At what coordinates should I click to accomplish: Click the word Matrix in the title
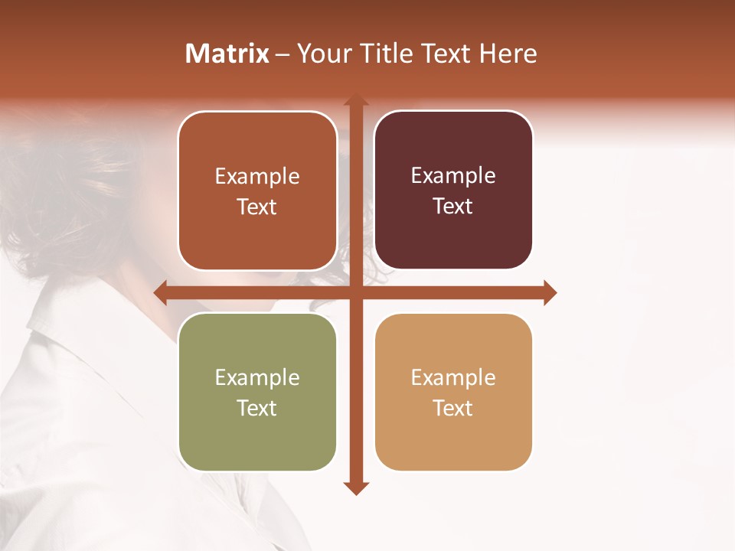click(x=227, y=54)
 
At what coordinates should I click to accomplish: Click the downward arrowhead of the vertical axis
click(x=355, y=487)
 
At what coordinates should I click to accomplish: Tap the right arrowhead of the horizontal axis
click(x=549, y=292)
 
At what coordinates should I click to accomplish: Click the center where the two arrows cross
click(x=355, y=292)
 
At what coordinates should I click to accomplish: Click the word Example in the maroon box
click(x=453, y=176)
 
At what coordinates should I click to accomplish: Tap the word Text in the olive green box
click(x=257, y=408)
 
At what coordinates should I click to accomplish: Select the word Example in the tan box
click(x=453, y=377)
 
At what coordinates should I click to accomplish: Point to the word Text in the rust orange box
click(x=257, y=207)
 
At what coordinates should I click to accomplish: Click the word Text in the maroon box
click(x=453, y=207)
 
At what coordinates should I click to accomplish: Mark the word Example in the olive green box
click(x=257, y=377)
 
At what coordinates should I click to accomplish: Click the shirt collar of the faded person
click(x=61, y=337)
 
